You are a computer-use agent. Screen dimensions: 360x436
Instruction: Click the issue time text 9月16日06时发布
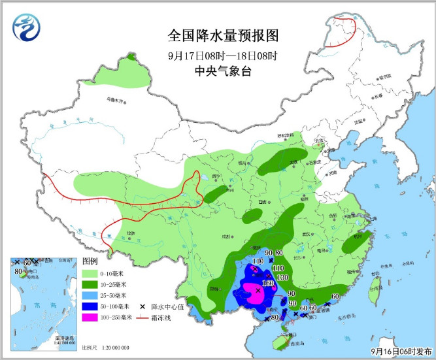point(400,351)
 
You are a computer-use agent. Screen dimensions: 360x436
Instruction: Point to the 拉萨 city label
point(131,233)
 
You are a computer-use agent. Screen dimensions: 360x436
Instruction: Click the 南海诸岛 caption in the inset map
point(65,338)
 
